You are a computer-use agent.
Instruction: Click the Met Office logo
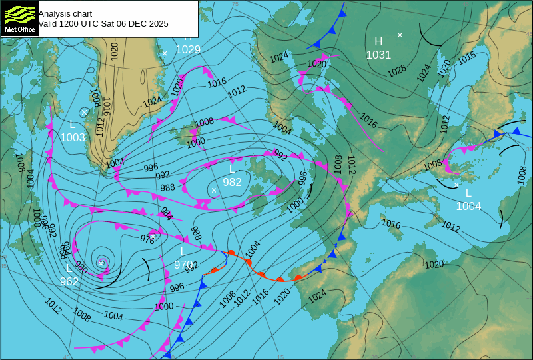(20, 18)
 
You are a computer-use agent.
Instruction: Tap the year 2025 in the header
(157, 23)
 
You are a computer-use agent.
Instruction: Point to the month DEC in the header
(137, 23)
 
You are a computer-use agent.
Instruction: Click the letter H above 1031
(378, 41)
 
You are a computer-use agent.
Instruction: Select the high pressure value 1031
(378, 55)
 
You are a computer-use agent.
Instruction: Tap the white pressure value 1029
(188, 49)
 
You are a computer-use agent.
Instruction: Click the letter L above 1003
(73, 124)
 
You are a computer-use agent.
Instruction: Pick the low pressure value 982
(232, 182)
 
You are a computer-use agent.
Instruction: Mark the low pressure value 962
(69, 281)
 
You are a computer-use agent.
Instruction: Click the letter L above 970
(183, 251)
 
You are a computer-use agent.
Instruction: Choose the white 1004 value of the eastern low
(468, 206)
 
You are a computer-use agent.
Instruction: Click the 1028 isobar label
(397, 70)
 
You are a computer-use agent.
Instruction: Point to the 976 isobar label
(147, 239)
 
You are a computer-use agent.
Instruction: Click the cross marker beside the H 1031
(400, 35)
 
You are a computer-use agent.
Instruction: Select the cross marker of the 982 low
(214, 191)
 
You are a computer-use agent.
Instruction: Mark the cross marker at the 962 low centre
(101, 263)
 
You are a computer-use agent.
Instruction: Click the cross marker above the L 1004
(456, 185)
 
